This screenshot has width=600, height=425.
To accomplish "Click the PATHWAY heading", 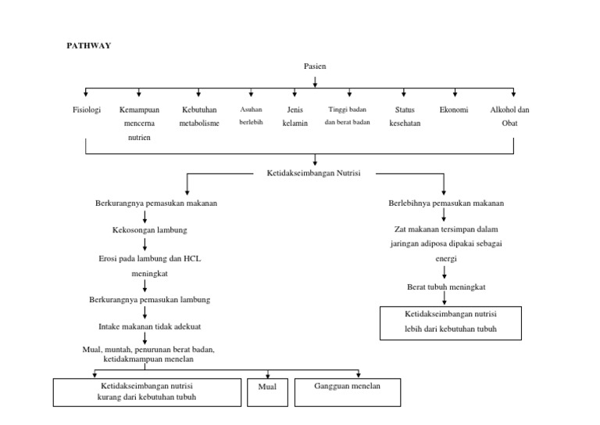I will tap(88, 46).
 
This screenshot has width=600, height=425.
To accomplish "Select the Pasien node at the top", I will tap(315, 67).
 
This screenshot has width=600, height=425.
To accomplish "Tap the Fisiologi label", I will tap(86, 110).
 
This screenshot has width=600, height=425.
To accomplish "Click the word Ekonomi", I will tap(454, 110).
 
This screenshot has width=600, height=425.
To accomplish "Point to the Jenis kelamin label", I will tap(295, 117).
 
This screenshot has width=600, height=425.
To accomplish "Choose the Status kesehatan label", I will tap(405, 117).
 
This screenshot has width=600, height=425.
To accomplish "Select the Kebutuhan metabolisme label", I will tap(199, 117).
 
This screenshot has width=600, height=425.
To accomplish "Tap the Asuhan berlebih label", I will tap(252, 117).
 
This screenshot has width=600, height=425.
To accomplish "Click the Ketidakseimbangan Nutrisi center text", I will tap(314, 173).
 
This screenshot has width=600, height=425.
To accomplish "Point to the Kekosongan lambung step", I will tap(149, 230).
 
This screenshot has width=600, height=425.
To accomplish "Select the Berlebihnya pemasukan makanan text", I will tap(446, 203).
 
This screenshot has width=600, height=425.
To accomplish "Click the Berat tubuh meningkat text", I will tap(446, 287).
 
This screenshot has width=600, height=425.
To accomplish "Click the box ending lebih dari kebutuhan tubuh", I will tap(451, 322).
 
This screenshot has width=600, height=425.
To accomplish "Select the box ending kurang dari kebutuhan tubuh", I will tap(147, 392).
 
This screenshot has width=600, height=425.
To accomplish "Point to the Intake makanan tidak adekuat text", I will tap(145, 326).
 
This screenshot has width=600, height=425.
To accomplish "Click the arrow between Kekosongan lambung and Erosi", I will tap(145, 244).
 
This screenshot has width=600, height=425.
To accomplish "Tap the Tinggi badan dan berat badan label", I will tap(347, 117).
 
